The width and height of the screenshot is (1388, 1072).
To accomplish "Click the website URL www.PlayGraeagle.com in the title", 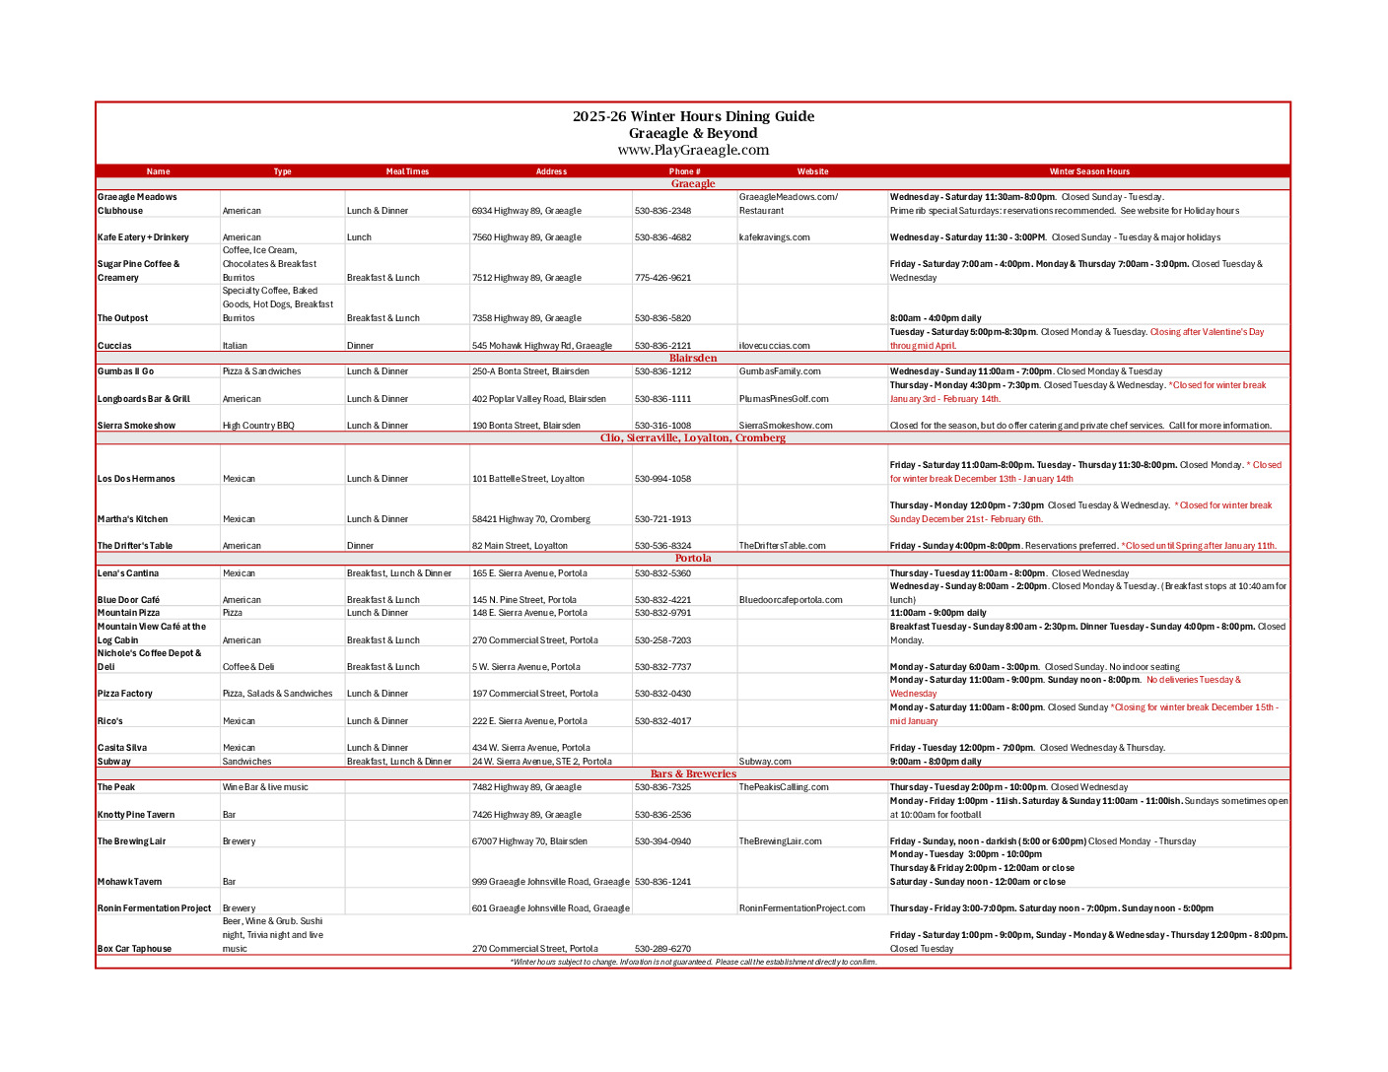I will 693,150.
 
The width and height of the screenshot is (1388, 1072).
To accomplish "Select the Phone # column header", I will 684,171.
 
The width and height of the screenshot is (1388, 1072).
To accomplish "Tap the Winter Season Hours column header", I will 1089,171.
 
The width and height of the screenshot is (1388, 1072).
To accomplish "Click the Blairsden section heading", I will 693,358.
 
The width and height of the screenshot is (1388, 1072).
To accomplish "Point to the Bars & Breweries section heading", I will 693,773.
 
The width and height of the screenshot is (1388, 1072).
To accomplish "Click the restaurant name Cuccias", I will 114,346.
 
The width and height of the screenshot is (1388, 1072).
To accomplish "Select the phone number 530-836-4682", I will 662,237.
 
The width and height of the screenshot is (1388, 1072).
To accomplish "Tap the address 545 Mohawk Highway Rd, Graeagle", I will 541,346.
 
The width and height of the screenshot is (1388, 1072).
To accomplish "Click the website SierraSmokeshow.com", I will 786,426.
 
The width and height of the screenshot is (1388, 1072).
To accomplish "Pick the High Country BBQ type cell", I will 258,426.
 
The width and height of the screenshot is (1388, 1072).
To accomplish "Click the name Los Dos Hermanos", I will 136,479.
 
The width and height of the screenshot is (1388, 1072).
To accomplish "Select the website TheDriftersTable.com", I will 782,546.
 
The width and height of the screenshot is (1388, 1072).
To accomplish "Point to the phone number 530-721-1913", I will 662,519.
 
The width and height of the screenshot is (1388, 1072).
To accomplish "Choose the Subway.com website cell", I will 765,762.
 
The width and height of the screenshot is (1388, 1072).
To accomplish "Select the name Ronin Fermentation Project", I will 154,908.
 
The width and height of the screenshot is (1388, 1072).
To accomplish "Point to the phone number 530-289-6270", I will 662,949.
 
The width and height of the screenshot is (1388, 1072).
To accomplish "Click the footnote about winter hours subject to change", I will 693,962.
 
